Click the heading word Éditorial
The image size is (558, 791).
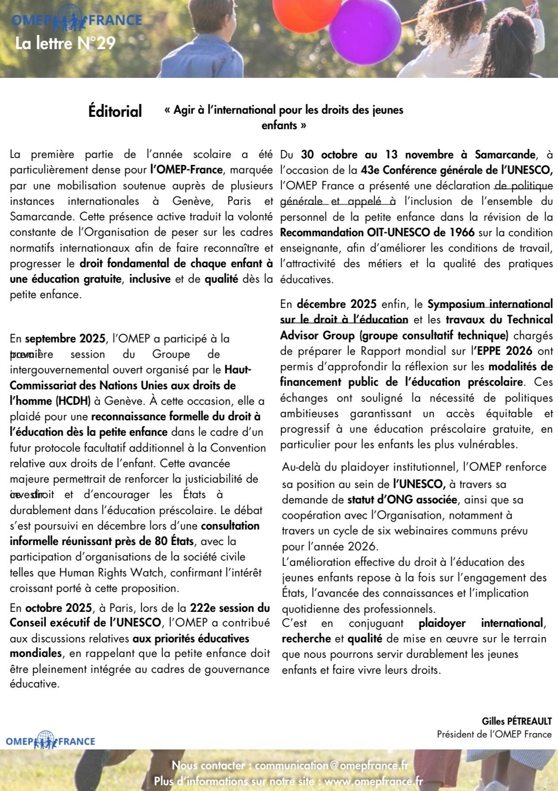(x=115, y=111)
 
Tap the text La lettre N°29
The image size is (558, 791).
(x=65, y=43)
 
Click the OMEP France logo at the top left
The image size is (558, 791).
(x=77, y=20)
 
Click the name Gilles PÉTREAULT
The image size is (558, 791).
(x=517, y=722)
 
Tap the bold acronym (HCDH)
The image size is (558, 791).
(x=73, y=401)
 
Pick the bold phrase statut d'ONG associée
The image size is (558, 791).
(x=402, y=500)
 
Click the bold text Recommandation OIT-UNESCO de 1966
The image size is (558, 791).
(x=377, y=232)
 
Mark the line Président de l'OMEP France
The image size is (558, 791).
(x=494, y=734)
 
